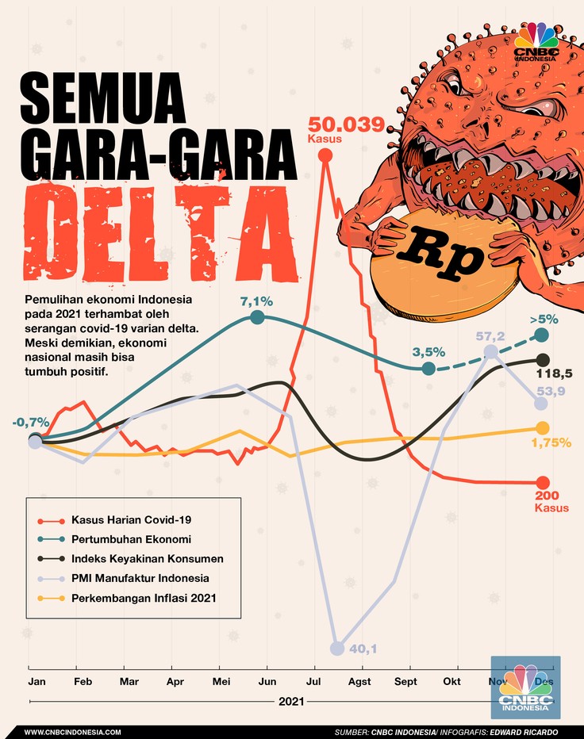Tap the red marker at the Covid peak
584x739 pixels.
tap(325, 156)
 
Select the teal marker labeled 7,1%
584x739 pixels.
tap(257, 317)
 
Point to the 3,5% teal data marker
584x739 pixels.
tap(428, 369)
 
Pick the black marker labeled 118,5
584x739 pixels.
tap(543, 359)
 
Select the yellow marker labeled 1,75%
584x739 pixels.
tap(543, 428)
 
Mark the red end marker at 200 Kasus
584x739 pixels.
tap(543, 482)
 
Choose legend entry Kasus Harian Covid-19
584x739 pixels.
tap(130, 519)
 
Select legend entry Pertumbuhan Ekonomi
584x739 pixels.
tap(129, 539)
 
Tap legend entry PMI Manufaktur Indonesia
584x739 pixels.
tap(140, 578)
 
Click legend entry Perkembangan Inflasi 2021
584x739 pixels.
tap(144, 597)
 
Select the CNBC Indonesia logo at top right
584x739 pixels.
tap(536, 44)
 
